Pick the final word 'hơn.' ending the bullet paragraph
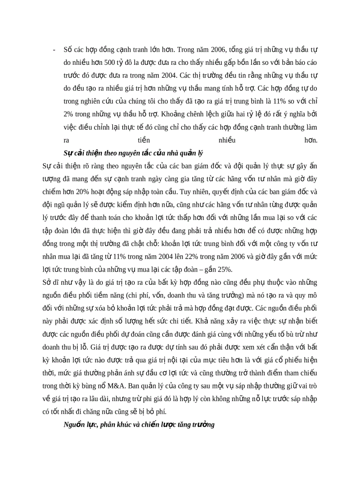[x=311, y=140]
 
